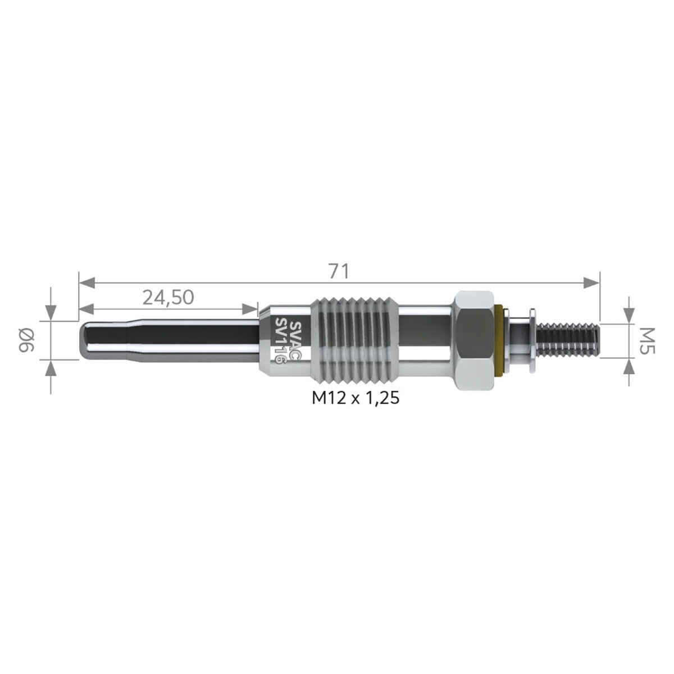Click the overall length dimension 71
[x=339, y=271]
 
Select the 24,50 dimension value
[x=168, y=298]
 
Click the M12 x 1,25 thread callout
[x=356, y=398]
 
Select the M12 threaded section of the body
[x=354, y=340]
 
